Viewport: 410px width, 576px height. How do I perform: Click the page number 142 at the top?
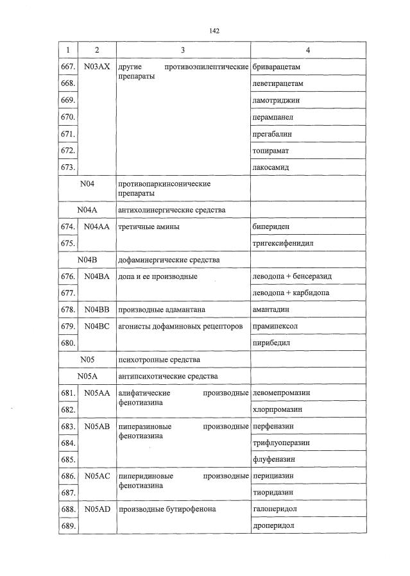214,30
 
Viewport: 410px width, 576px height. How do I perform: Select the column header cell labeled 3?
183,49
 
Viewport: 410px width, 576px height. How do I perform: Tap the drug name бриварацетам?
277,67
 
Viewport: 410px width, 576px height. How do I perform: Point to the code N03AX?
97,67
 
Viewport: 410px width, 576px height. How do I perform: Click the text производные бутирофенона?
167,509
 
